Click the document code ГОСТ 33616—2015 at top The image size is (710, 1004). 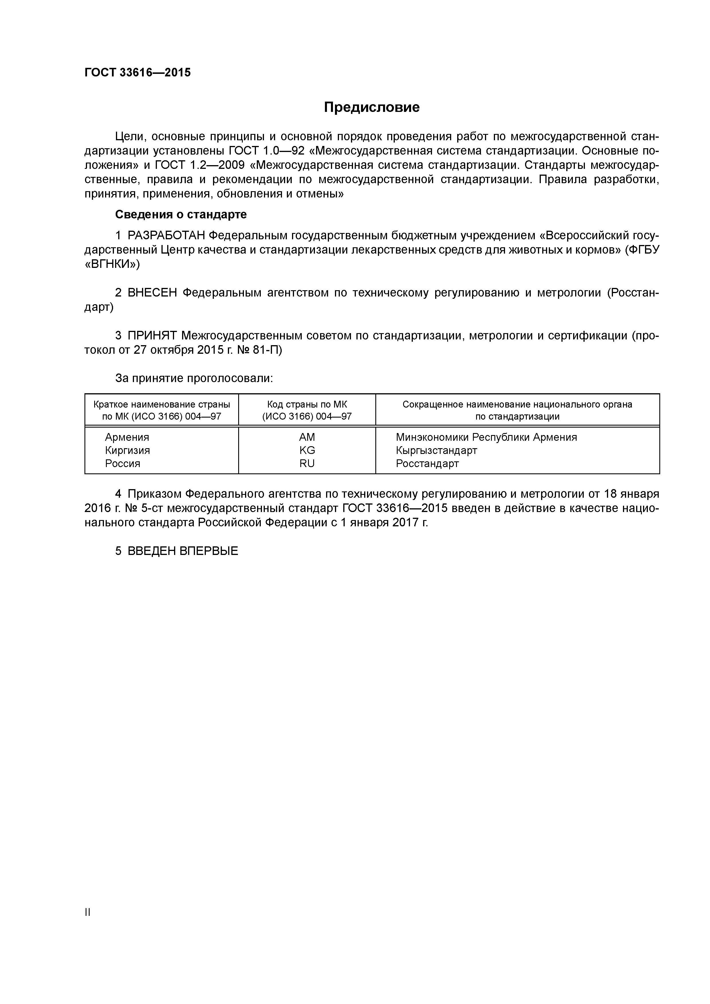coord(137,73)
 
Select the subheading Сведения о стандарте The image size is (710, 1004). coord(181,214)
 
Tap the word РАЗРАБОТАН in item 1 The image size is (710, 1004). coord(166,236)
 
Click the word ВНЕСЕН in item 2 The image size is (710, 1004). coord(152,292)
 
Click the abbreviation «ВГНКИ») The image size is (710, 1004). coord(112,264)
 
